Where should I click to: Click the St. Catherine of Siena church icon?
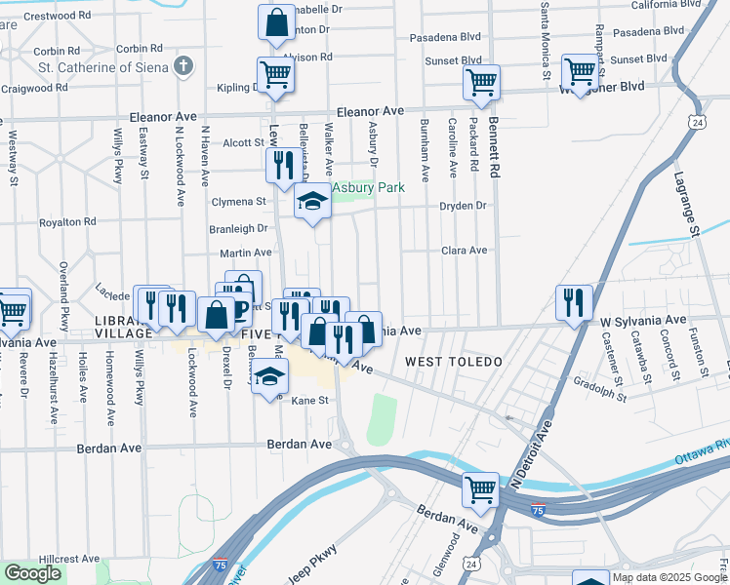(182, 66)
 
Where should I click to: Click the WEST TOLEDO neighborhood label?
(453, 362)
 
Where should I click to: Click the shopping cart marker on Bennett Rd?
(481, 83)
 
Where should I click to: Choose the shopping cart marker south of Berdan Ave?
(480, 489)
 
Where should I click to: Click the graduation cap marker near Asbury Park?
(311, 203)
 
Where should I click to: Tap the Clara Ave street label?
(464, 251)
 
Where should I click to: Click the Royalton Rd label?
(67, 221)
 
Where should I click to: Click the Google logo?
(33, 573)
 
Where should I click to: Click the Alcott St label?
(237, 142)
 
